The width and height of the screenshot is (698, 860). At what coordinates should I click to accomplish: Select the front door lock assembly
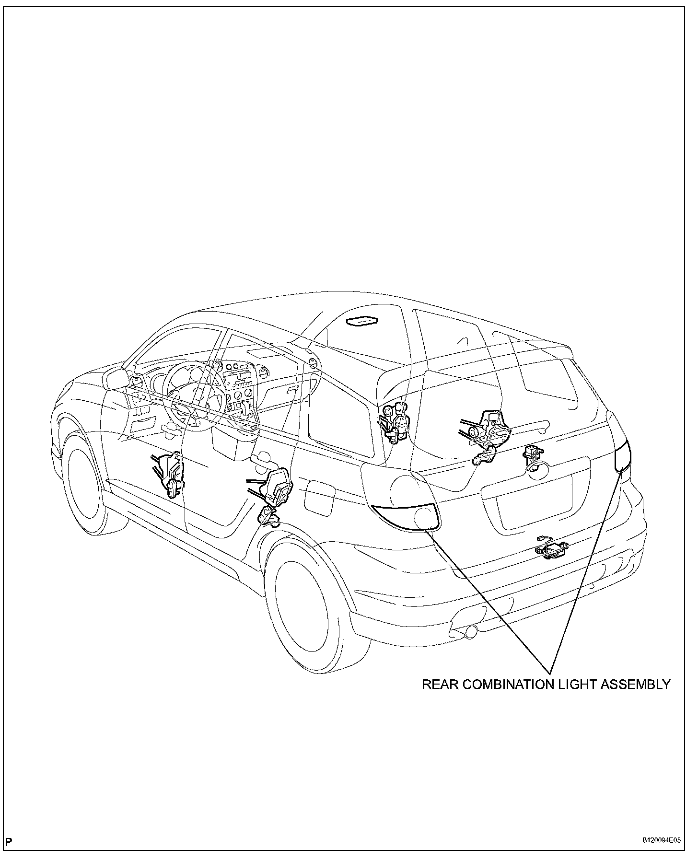coord(169,476)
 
